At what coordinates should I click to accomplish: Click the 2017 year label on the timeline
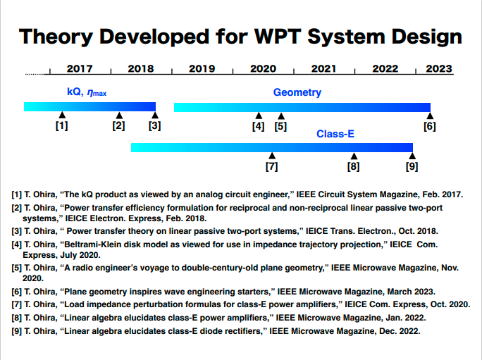(x=80, y=69)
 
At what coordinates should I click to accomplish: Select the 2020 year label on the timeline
(x=263, y=69)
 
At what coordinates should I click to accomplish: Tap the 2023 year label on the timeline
(x=439, y=69)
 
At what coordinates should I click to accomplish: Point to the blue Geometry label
(x=297, y=92)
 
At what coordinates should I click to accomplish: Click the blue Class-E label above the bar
(x=335, y=133)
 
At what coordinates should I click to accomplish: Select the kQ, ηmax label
(x=87, y=92)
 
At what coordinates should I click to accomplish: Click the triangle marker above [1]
(x=62, y=115)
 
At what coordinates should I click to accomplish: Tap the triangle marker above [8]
(x=354, y=156)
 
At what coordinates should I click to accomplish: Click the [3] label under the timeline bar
(x=154, y=126)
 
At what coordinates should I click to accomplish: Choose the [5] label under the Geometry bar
(x=280, y=126)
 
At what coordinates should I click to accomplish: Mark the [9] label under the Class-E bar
(x=412, y=167)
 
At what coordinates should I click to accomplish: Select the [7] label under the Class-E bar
(x=271, y=167)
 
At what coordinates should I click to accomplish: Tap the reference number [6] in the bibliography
(x=16, y=292)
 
